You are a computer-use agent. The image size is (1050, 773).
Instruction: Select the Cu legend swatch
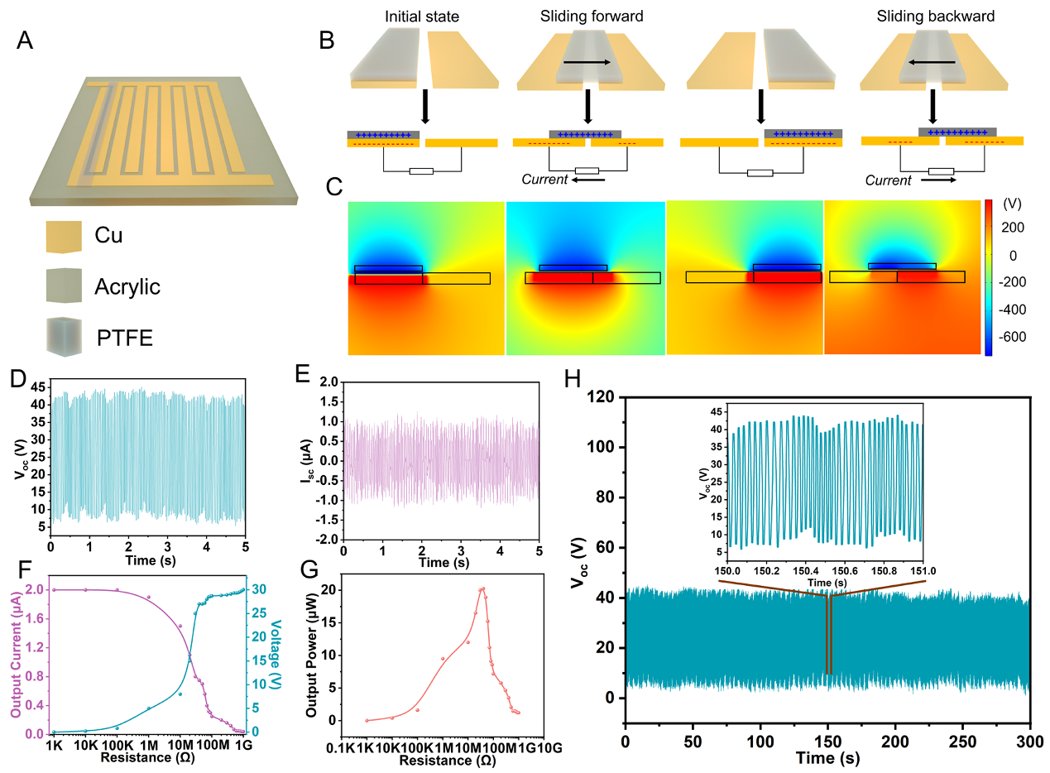tap(65, 236)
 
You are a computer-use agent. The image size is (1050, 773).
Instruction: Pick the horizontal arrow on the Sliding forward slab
tap(587, 62)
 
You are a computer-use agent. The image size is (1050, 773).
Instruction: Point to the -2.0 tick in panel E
tap(324, 540)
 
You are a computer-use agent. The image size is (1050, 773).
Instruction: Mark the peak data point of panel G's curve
tap(482, 589)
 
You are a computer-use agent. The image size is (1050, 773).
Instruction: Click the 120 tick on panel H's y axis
tap(604, 397)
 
